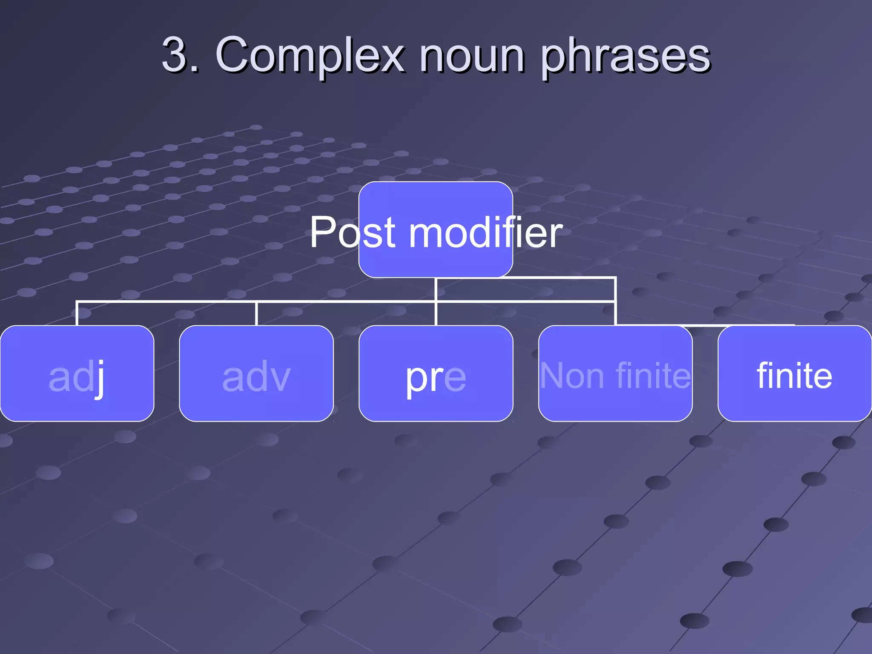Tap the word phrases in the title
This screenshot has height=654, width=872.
click(626, 57)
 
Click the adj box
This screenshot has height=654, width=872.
click(77, 373)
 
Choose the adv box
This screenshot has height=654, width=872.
click(256, 373)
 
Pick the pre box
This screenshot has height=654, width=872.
click(436, 373)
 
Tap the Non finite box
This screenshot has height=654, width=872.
click(615, 373)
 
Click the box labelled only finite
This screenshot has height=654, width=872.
click(795, 373)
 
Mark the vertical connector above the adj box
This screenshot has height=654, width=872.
click(77, 313)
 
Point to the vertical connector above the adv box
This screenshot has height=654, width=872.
click(256, 313)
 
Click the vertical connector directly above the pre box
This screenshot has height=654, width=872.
click(436, 313)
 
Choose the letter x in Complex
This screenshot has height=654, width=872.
click(390, 58)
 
